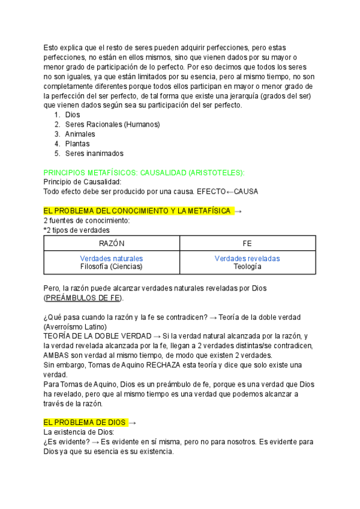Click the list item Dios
[72, 115]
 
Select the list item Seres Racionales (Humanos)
[112, 124]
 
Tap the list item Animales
[80, 134]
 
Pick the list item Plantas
[77, 143]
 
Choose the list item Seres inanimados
[94, 153]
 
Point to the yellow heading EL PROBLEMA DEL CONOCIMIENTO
[137, 211]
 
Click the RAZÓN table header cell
[112, 243]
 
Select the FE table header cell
[247, 243]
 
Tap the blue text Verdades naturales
[112, 259]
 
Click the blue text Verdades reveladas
[247, 259]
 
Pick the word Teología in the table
[247, 267]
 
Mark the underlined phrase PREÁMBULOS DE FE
[83, 298]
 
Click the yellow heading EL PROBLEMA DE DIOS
[85, 423]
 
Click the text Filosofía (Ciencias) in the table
[112, 267]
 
